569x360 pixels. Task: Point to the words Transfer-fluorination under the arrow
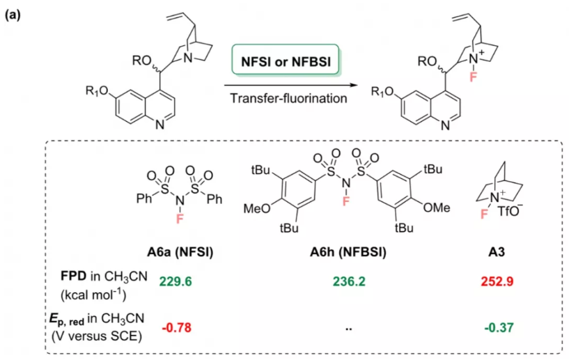click(289, 98)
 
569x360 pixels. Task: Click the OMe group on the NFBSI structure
click(436, 207)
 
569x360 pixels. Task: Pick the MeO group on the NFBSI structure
click(256, 207)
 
